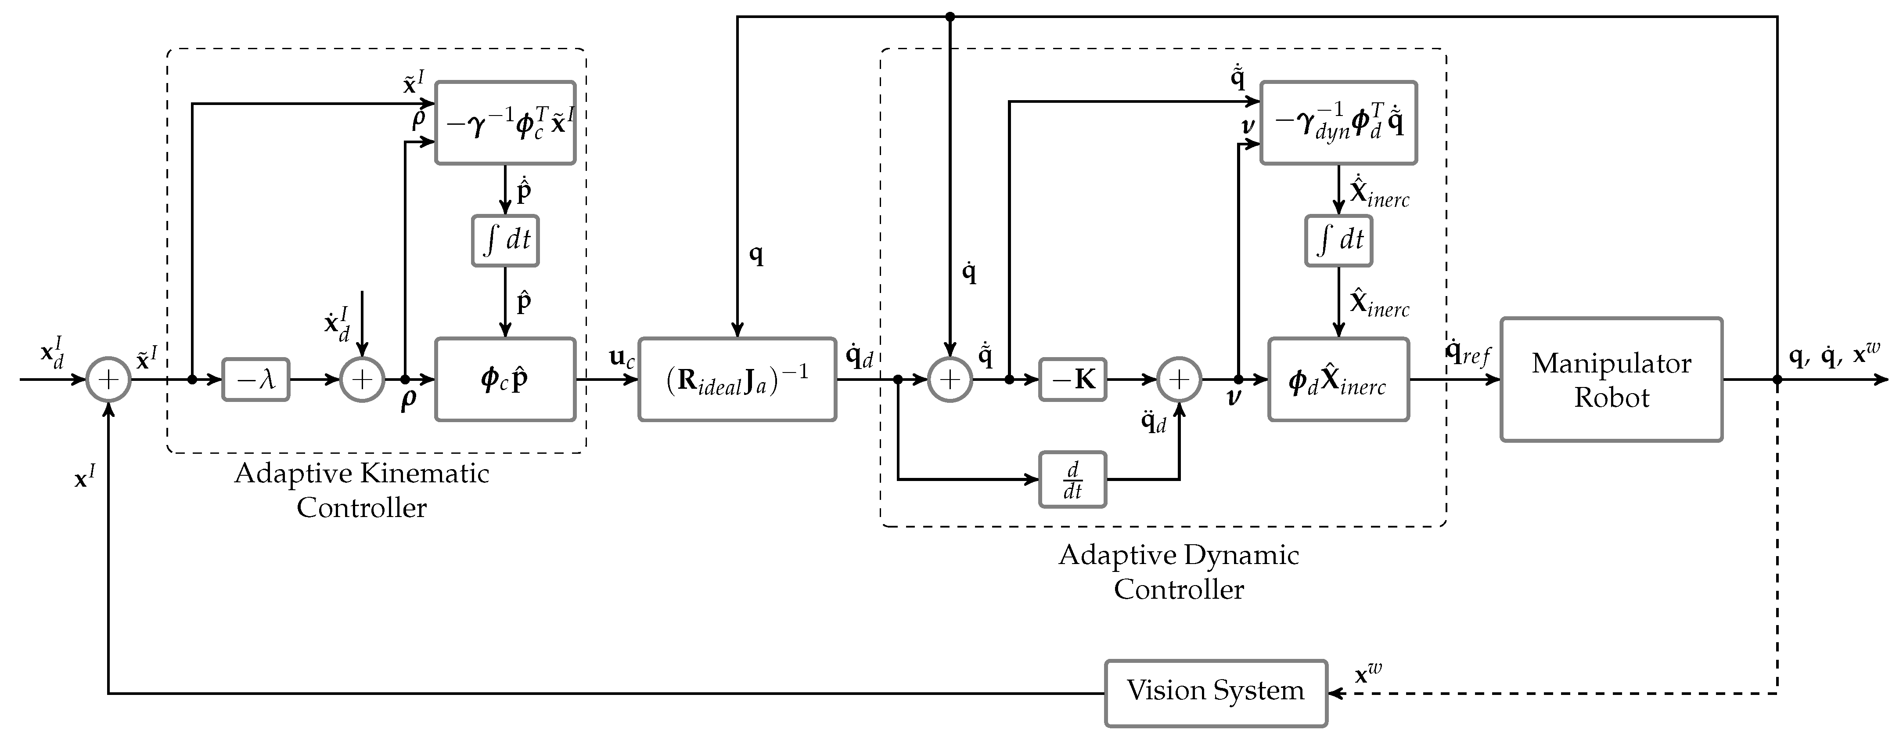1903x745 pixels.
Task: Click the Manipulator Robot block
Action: [x=1611, y=380]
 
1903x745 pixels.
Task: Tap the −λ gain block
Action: [x=255, y=380]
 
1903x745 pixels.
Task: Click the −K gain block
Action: [x=1072, y=380]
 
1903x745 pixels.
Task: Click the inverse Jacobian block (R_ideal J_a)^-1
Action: [x=737, y=380]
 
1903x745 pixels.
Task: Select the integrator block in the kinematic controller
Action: [x=505, y=240]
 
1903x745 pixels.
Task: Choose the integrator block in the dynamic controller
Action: [x=1338, y=240]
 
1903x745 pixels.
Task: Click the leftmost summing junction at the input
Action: [x=108, y=380]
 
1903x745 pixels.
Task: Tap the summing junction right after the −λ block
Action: [x=362, y=380]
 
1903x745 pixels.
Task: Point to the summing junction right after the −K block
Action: [x=1179, y=380]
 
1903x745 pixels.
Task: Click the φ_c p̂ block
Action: [x=505, y=380]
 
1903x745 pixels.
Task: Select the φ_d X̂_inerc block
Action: [x=1338, y=380]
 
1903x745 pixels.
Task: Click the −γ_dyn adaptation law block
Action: [x=1338, y=123]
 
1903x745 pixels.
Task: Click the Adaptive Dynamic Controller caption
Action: [x=1179, y=571]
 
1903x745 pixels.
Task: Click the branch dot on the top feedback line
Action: [x=951, y=16]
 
